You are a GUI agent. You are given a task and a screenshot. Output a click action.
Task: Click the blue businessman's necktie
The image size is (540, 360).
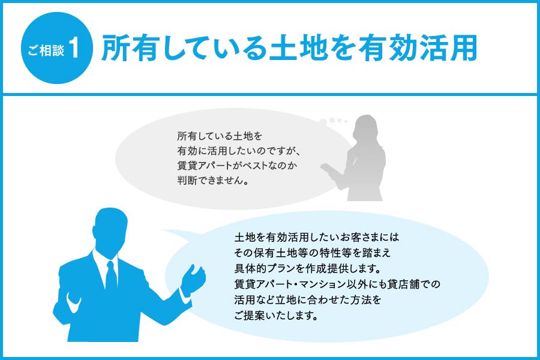[x=111, y=276]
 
